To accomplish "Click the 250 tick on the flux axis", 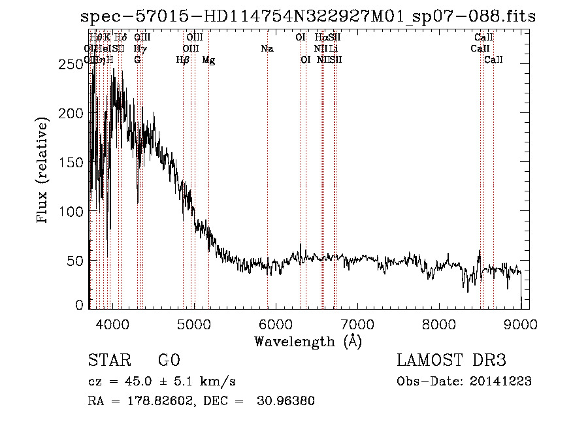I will (x=73, y=63).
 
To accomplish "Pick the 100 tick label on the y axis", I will (x=73, y=212).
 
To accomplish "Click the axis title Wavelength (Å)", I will (x=308, y=341).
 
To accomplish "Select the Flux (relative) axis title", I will (x=43, y=171).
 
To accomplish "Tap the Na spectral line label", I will (x=267, y=49).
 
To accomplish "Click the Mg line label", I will (x=208, y=60).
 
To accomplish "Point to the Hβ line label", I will (x=183, y=60).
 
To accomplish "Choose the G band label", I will (x=137, y=60).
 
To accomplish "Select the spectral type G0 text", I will (x=169, y=361).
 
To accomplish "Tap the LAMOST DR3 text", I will (x=451, y=361).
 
